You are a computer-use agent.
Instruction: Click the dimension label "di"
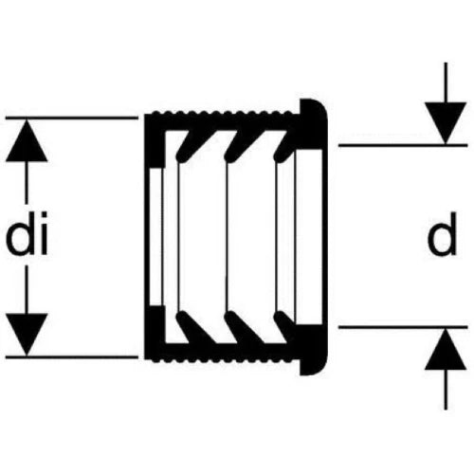27,234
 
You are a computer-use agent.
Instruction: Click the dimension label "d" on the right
442,234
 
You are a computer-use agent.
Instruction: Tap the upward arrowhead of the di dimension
27,141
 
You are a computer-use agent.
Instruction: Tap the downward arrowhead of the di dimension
27,335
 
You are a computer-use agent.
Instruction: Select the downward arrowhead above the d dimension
446,123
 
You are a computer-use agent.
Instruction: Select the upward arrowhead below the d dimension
446,349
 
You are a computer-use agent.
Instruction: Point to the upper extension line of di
72,118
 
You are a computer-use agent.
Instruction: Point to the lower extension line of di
72,357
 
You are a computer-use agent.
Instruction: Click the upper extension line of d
403,145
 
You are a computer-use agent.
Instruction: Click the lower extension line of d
403,327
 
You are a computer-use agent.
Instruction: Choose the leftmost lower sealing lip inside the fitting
192,328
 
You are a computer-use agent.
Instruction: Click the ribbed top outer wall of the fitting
221,120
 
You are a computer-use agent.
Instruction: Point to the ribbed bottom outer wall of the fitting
221,354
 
